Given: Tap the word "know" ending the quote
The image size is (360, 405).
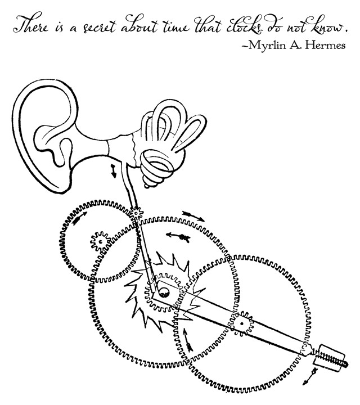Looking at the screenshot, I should (332, 26).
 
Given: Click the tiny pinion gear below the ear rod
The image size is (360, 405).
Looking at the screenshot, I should (137, 213).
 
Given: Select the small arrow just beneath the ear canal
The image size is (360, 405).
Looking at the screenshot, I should (114, 172).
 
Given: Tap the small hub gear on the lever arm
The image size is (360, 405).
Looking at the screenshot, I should (242, 323).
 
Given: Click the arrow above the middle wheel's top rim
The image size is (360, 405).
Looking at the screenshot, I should (193, 215).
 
